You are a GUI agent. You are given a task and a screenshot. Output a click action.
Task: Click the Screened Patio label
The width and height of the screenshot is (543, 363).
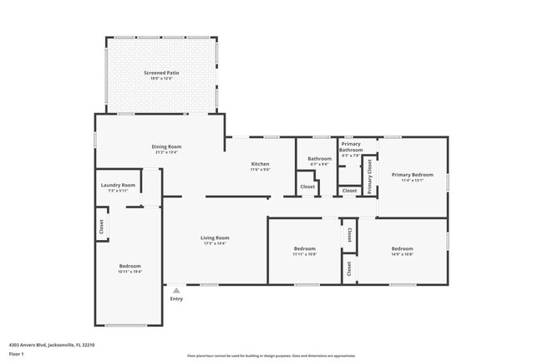point(161,73)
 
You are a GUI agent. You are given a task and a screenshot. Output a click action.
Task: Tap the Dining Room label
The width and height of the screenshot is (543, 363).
point(166,146)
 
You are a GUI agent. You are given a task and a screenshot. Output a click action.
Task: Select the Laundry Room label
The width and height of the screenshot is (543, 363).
point(117,185)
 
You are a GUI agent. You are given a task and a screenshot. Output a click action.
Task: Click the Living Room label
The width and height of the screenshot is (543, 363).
point(215,238)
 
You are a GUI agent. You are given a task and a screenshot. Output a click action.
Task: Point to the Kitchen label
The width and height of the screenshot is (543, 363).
point(260,163)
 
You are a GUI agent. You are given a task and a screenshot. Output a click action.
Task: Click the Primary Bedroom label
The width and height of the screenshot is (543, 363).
point(413,175)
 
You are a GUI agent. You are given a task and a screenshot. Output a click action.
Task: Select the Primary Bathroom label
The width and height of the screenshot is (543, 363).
point(351,146)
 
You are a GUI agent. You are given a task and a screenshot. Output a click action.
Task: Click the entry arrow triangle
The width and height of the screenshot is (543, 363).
point(176,290)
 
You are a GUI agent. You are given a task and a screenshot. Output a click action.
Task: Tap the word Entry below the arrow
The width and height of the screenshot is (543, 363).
point(176,299)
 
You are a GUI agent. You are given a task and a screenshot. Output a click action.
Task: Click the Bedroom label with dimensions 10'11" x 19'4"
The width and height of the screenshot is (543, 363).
point(129,265)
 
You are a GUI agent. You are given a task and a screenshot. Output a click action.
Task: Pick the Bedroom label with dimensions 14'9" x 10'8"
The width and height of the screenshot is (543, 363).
point(403,248)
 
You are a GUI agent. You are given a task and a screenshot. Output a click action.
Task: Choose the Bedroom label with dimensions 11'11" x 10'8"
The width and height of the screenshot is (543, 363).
point(304,248)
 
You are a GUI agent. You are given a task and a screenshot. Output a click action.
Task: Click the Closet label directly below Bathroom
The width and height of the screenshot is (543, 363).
point(307,187)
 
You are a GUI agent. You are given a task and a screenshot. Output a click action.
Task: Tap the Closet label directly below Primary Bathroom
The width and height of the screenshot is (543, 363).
point(350,191)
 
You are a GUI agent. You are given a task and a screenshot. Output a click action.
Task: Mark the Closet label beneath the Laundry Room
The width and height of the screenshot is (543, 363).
point(102,226)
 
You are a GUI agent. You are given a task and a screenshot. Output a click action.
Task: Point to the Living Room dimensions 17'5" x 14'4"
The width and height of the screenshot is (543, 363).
point(215,243)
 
